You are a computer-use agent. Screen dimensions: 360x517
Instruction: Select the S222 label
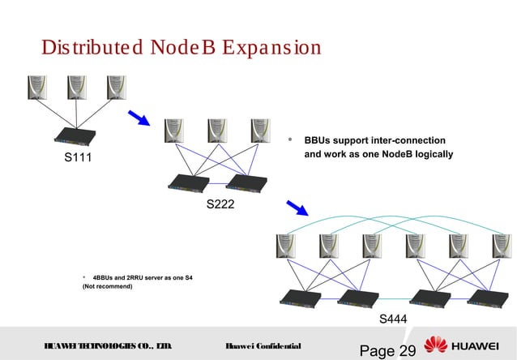[x=220, y=204]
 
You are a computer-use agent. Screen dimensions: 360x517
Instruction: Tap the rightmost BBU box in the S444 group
[x=487, y=297]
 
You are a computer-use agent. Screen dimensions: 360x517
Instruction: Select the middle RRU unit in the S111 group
[x=78, y=88]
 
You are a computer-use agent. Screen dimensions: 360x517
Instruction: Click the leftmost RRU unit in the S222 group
[x=172, y=132]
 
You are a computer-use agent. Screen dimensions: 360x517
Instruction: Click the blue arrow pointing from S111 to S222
[x=140, y=118]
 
